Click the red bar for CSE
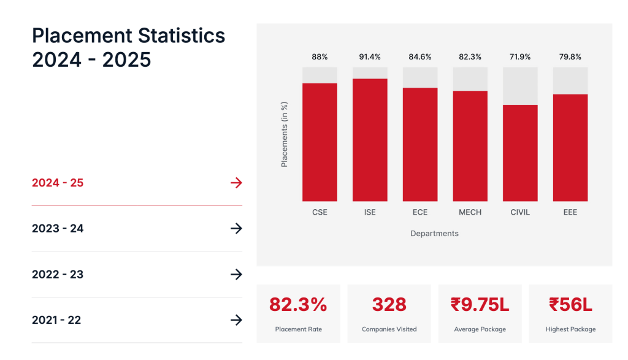pos(320,142)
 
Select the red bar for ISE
pos(370,140)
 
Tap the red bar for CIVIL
pos(520,153)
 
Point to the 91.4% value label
pos(370,57)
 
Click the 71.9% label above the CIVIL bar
pos(520,57)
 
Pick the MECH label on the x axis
pos(470,212)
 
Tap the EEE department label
pos(570,212)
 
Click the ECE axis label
pos(420,212)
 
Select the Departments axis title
pos(434,234)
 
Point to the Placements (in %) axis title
pos(285,135)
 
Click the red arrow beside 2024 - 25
pos(236,183)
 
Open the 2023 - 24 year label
pos(58,229)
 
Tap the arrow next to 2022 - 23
pos(236,274)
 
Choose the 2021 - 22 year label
pos(56,320)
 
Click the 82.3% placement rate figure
pos(298,305)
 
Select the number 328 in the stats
pos(389,305)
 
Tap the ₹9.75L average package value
pos(480,305)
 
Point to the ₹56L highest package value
pos(570,305)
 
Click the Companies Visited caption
pos(389,329)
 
